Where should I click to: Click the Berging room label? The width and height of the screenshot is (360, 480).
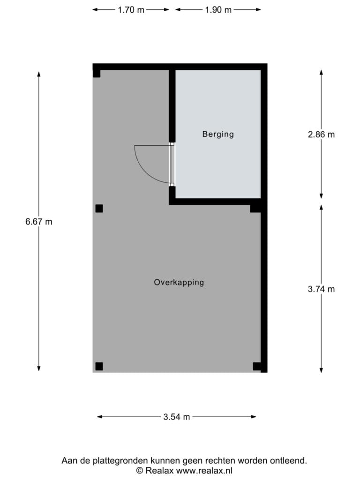218,134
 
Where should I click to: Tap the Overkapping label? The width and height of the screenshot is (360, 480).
179,282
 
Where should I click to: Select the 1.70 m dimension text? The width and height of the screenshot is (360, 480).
131,10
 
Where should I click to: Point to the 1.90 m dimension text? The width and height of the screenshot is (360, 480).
218,10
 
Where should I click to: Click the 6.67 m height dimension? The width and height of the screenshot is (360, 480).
39,221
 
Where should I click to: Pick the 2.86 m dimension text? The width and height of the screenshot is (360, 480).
321,135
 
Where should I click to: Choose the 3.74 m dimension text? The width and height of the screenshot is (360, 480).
321,289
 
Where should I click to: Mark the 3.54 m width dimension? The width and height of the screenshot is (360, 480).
177,417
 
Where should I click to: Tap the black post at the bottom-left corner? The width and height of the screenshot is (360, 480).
99,366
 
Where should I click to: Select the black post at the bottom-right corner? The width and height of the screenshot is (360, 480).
257,366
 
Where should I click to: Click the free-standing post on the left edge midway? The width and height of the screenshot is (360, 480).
99,209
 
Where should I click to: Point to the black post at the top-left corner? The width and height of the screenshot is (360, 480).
97,74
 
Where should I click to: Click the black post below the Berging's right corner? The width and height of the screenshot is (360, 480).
255,209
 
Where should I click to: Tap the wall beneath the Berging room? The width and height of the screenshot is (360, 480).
215,202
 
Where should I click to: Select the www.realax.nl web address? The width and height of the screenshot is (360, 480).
204,470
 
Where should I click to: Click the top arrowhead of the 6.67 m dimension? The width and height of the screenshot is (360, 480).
39,74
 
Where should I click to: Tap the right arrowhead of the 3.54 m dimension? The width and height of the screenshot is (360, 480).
254,417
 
